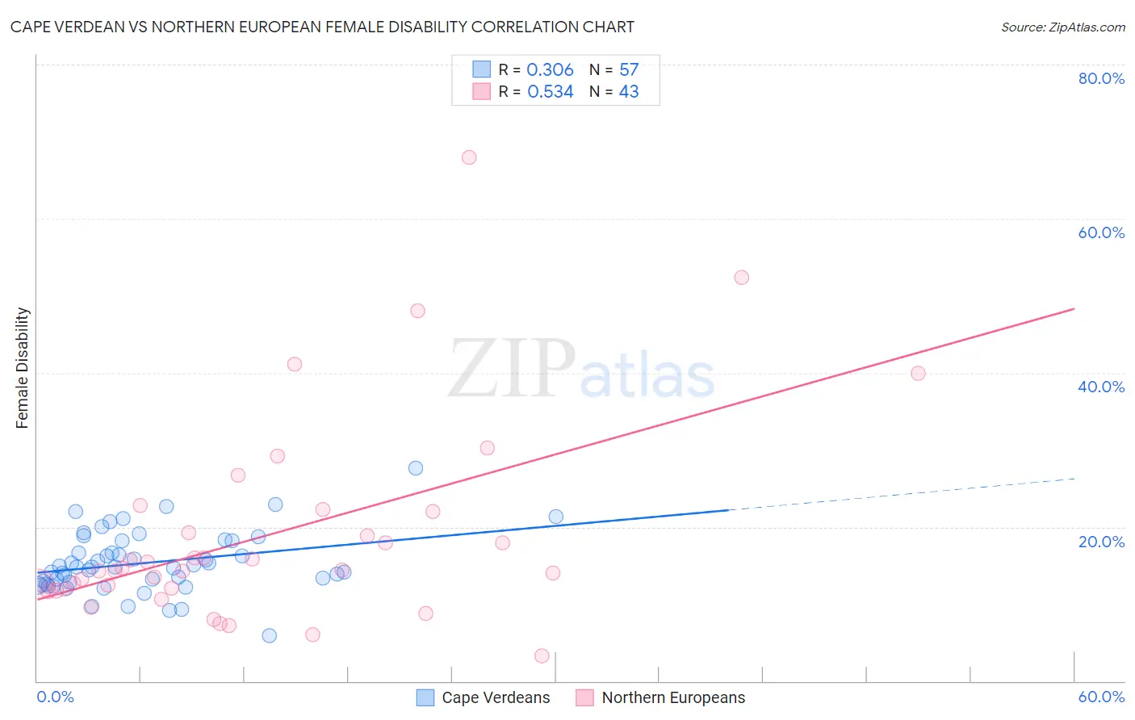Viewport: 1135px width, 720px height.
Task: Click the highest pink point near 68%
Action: (469, 157)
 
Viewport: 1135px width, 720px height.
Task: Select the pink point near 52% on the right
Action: (742, 278)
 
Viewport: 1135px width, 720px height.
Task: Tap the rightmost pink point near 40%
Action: (918, 373)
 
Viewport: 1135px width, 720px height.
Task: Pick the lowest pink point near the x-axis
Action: (542, 656)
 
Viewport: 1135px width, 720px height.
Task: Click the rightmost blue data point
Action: (556, 517)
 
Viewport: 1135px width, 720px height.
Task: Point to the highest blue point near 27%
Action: (416, 468)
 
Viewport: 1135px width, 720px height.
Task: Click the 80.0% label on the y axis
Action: (1101, 78)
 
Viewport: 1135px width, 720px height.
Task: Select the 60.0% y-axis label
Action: (1101, 232)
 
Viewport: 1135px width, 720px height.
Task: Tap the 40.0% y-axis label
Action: (1101, 387)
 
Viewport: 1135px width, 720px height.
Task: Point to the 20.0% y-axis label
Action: (1101, 542)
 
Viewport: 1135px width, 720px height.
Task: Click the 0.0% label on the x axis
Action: (55, 697)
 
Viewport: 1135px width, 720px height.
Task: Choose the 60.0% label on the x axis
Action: (1101, 697)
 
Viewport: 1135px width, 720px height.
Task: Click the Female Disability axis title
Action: (23, 367)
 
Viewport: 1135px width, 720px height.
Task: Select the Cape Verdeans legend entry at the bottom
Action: (496, 697)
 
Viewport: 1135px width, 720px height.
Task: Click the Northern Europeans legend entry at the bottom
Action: (673, 697)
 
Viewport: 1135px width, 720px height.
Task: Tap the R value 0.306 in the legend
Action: (550, 70)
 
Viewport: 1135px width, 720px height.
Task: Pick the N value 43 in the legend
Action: (629, 92)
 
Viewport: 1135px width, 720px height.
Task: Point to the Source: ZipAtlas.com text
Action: (1062, 27)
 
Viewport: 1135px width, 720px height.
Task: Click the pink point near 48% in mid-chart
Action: (417, 311)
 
